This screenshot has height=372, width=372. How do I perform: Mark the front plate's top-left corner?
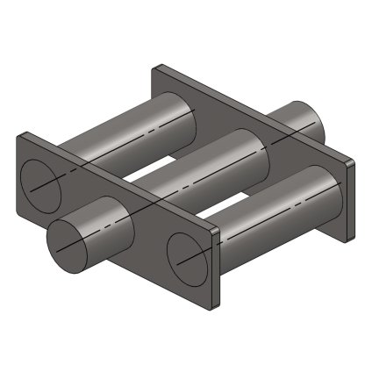21,133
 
